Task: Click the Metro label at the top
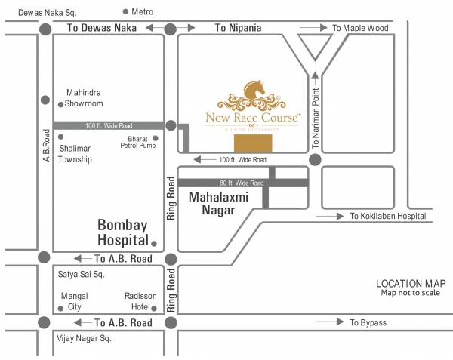(x=143, y=11)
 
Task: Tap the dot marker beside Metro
(x=125, y=11)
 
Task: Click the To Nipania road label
(x=238, y=29)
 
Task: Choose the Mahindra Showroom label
(x=84, y=98)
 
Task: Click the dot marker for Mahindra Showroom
(x=60, y=104)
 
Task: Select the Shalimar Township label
(x=75, y=154)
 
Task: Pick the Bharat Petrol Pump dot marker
(x=156, y=138)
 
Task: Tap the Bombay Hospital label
(x=122, y=232)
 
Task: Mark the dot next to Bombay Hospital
(x=154, y=244)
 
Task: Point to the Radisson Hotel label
(x=140, y=302)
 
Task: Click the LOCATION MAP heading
(x=409, y=283)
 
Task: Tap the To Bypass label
(x=368, y=323)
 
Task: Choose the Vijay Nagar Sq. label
(x=84, y=339)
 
